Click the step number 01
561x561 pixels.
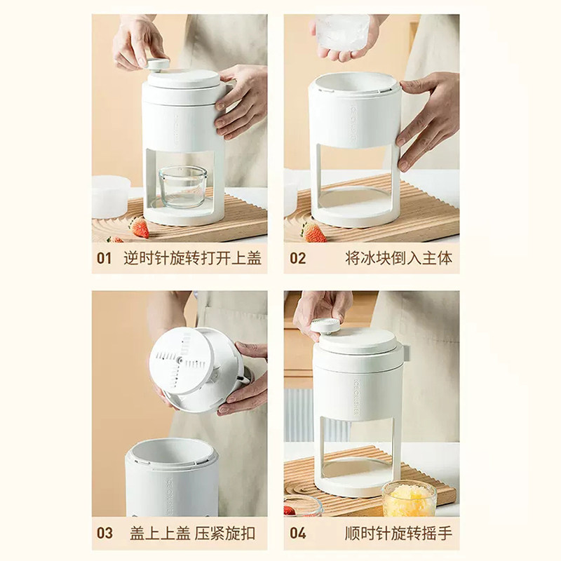[104, 258]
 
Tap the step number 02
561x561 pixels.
[297, 258]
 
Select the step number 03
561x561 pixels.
[104, 533]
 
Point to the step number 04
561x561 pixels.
[297, 533]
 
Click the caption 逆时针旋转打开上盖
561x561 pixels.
[192, 258]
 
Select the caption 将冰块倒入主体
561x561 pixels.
[398, 258]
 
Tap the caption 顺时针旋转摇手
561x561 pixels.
[398, 533]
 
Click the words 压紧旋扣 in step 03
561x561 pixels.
[224, 533]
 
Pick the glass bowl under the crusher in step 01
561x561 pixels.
[183, 187]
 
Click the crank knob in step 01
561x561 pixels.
[158, 65]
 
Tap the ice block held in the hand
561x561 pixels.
[343, 31]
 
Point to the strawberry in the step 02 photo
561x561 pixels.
[313, 233]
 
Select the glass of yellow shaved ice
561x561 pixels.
[410, 499]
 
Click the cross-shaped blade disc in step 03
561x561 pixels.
[182, 360]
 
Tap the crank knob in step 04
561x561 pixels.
[325, 326]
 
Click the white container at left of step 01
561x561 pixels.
[111, 197]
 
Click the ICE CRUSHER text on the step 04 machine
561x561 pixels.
[357, 397]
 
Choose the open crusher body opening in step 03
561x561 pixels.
[172, 452]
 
